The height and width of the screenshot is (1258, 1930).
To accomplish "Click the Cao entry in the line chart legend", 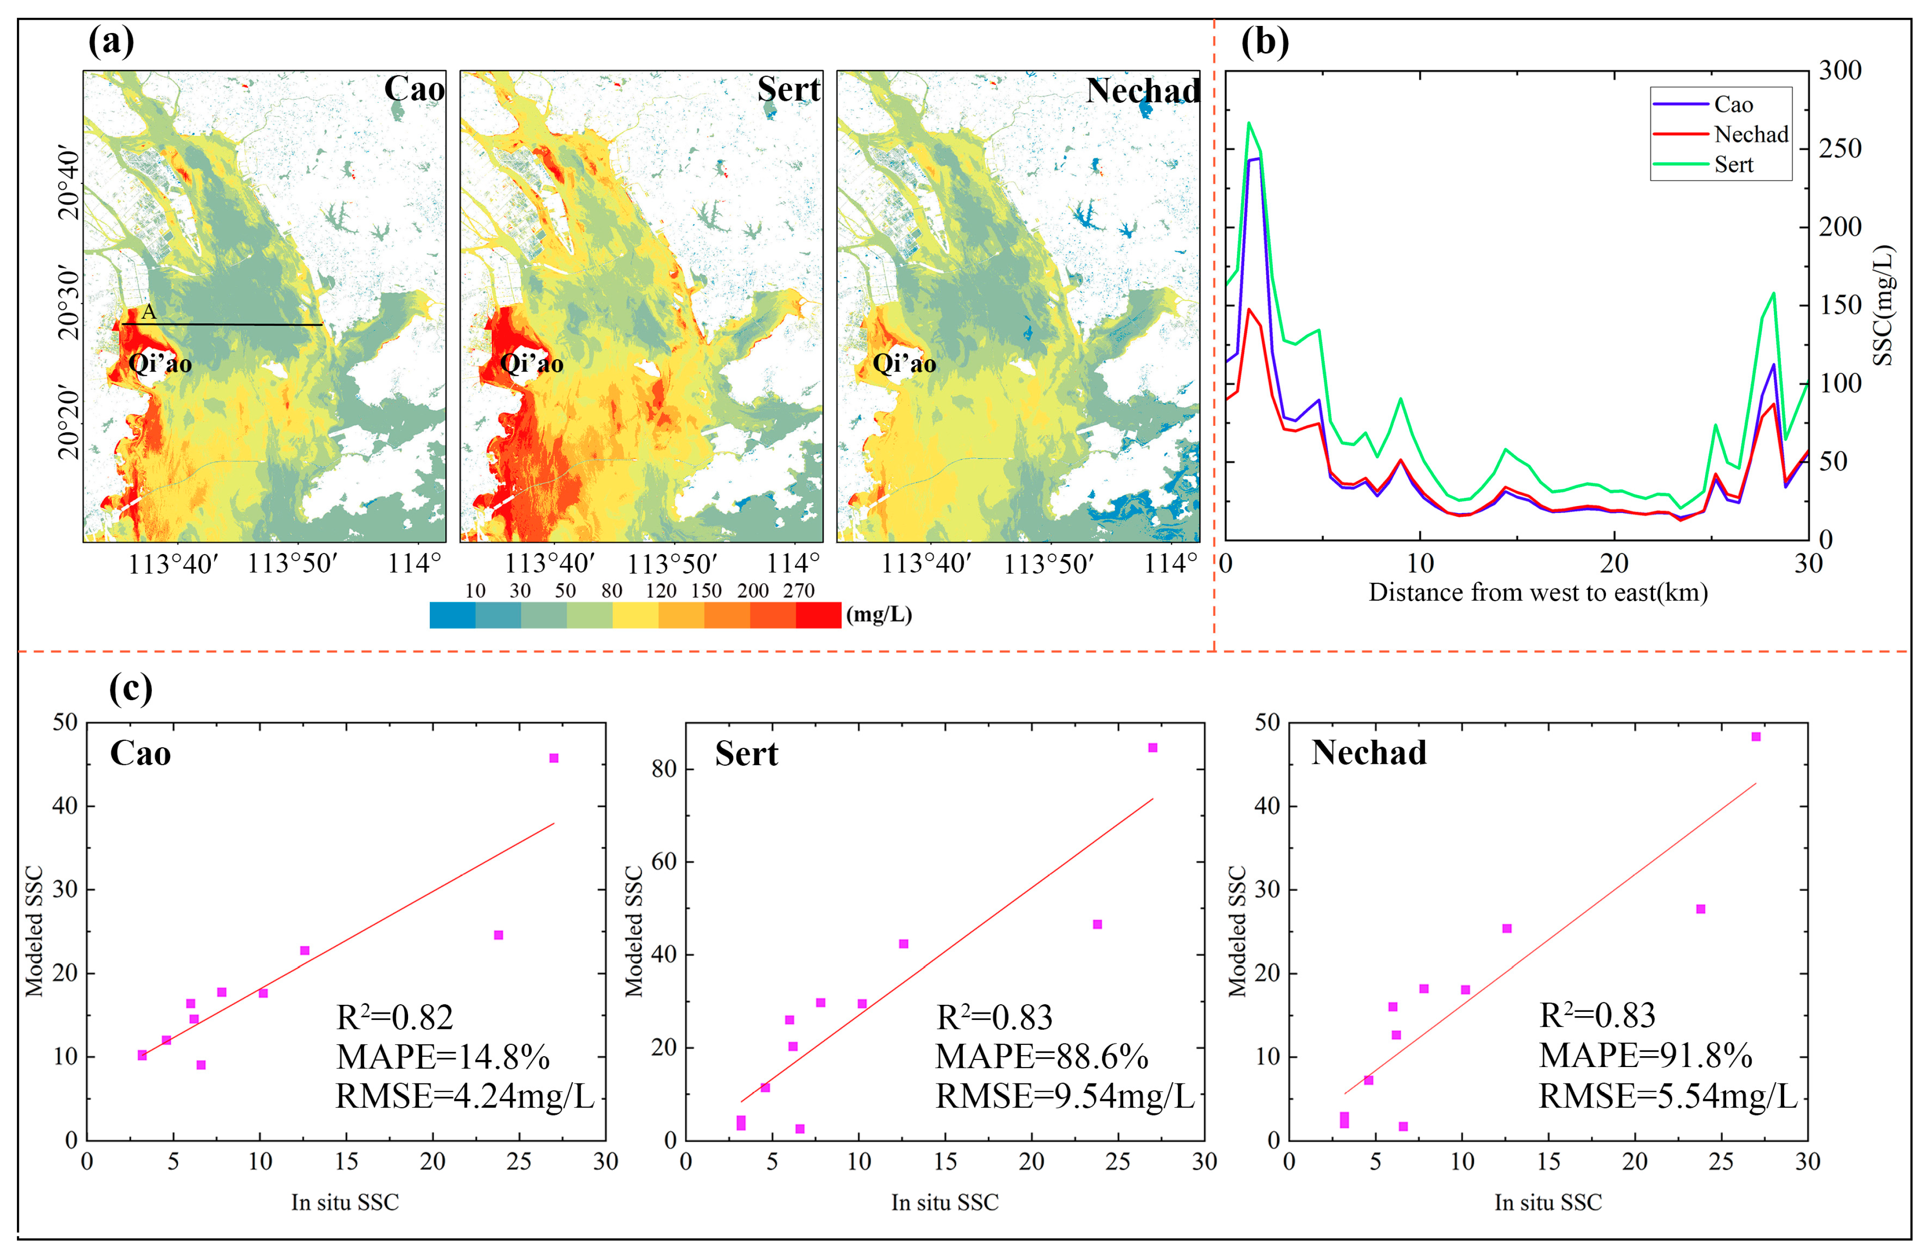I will (x=1732, y=105).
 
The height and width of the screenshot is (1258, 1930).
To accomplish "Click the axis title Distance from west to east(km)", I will (x=1537, y=593).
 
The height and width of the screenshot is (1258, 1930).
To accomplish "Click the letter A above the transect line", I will (x=149, y=311).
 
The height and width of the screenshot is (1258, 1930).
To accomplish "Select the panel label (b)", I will (x=1264, y=42).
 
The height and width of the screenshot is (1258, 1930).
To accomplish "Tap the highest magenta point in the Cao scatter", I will (x=554, y=758).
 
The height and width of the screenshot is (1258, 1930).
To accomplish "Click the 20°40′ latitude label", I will (x=70, y=183).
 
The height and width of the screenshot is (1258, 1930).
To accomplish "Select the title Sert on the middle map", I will (x=788, y=89).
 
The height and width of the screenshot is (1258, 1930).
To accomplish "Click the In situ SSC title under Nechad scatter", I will (x=1547, y=1202).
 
